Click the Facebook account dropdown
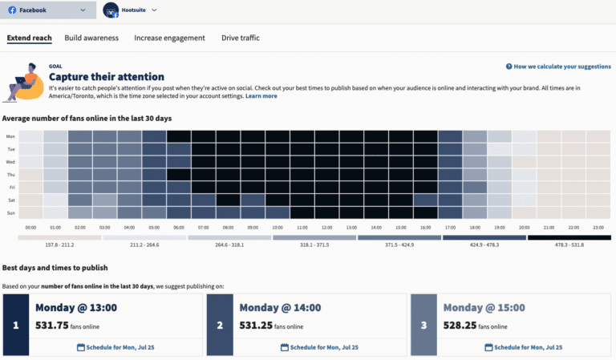pos(49,10)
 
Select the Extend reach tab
pos(30,38)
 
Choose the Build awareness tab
pos(91,38)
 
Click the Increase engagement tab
pos(169,38)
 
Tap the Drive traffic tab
pos(241,38)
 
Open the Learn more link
pos(261,96)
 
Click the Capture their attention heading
pos(107,76)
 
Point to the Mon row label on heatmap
pos(10,136)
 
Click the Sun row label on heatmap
pos(10,213)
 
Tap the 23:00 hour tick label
pos(598,228)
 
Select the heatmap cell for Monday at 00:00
pos(30,136)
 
